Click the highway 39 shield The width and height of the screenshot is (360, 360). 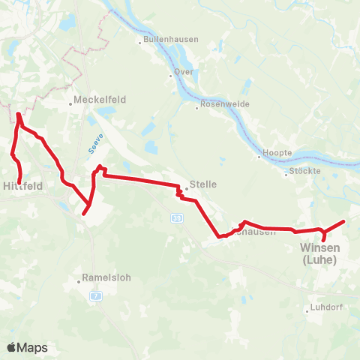(175, 217)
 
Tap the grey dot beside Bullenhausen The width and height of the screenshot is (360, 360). (139, 40)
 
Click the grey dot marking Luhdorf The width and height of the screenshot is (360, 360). (306, 310)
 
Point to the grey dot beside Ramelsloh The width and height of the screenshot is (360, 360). (79, 282)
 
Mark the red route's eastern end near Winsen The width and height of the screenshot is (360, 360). (343, 221)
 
